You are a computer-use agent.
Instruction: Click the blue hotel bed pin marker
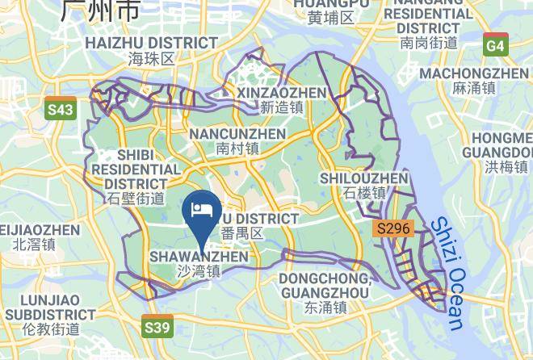(x=200, y=212)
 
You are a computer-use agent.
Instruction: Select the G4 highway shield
(x=495, y=46)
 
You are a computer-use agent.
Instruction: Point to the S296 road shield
(x=393, y=229)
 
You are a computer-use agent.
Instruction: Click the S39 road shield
(x=157, y=327)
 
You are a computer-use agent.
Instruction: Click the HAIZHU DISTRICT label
(x=151, y=43)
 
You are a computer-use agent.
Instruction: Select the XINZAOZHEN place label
(x=281, y=93)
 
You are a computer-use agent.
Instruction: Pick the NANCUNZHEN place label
(x=237, y=133)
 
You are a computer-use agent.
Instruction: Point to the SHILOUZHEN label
(x=363, y=178)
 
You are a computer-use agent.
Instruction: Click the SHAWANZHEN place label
(x=199, y=257)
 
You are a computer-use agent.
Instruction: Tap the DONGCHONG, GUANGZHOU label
(x=325, y=285)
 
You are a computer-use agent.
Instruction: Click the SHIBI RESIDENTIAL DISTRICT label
(x=136, y=169)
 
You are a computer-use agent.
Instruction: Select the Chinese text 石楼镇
(x=364, y=193)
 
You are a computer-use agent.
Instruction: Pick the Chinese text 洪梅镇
(x=506, y=167)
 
